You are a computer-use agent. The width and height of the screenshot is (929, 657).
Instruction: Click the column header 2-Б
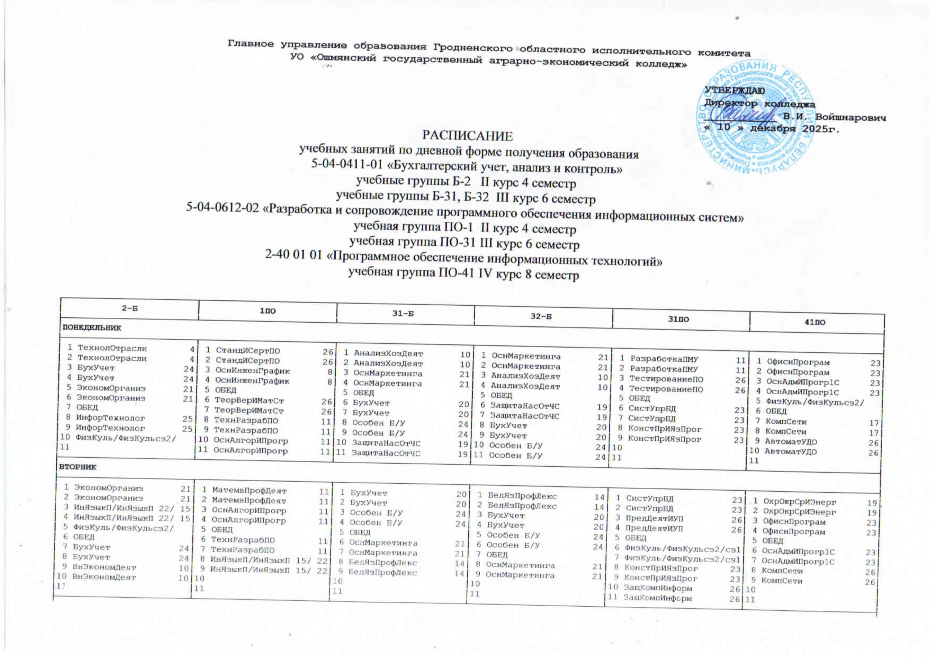[130, 308]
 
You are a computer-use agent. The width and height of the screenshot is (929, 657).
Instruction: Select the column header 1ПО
[267, 311]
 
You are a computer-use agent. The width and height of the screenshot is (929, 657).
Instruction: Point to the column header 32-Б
[541, 317]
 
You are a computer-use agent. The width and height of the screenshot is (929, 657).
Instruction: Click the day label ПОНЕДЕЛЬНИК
[91, 327]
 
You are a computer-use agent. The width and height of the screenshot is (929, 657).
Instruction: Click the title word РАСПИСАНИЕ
[467, 136]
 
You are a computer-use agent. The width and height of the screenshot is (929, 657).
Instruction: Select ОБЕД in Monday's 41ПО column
[776, 411]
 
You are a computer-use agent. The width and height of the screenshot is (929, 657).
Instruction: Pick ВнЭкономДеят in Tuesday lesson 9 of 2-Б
[104, 567]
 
